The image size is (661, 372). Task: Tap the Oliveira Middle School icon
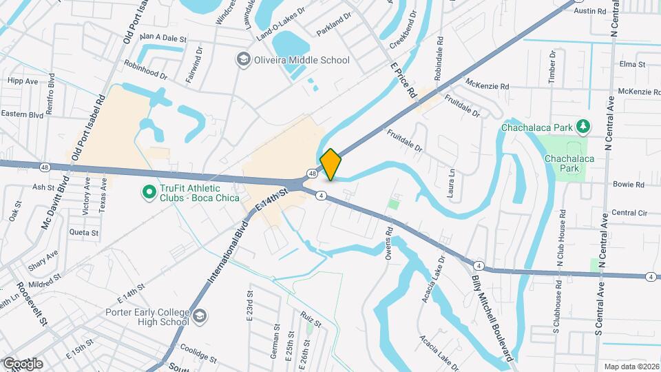(x=242, y=60)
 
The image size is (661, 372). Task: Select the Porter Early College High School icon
(x=199, y=316)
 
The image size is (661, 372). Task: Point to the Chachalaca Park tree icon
(x=583, y=126)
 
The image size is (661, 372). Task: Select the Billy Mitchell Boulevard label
(x=492, y=318)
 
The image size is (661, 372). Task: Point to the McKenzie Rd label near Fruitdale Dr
(x=486, y=87)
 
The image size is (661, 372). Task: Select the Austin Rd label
(x=589, y=12)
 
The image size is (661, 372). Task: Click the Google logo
(x=23, y=363)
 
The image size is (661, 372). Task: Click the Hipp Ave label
(x=23, y=81)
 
